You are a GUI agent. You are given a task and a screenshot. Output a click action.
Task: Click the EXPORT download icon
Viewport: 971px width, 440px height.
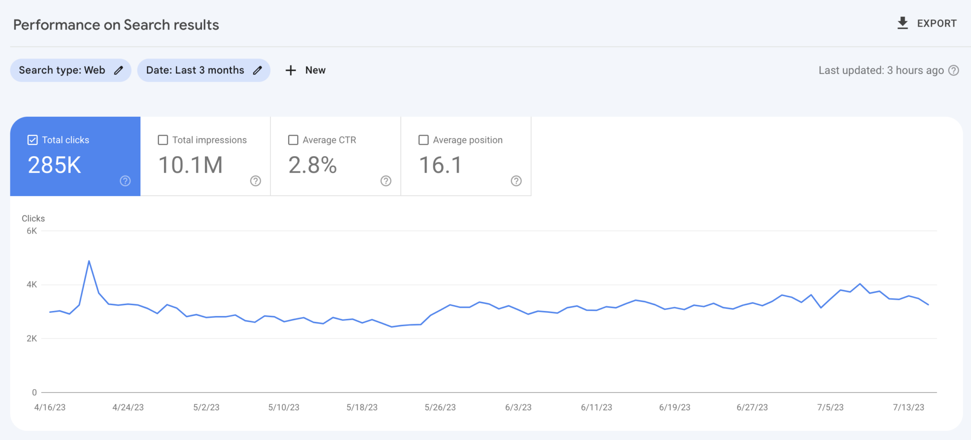(903, 23)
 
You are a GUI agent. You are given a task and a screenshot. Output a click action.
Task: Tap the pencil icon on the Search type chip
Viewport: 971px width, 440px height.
(119, 70)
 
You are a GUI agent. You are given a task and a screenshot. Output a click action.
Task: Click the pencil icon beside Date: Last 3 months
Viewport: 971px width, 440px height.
(257, 70)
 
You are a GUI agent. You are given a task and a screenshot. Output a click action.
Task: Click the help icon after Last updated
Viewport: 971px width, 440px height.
(953, 70)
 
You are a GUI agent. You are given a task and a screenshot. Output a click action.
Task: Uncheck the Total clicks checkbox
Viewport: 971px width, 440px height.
(33, 140)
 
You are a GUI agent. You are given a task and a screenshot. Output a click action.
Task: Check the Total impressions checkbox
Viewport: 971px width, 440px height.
(163, 140)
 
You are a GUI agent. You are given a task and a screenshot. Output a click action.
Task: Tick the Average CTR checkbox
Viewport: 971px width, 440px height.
(293, 140)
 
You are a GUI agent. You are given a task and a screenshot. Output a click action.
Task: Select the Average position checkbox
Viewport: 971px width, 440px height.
(423, 140)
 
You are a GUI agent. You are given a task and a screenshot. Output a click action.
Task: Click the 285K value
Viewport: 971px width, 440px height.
(55, 165)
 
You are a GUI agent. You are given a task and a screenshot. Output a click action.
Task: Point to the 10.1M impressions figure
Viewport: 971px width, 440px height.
(190, 165)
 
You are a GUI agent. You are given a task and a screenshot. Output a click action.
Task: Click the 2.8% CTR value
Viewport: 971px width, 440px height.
(312, 165)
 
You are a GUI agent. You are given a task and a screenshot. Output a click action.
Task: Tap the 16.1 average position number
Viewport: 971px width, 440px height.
(440, 165)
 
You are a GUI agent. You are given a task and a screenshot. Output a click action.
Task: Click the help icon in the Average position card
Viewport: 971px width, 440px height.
(516, 181)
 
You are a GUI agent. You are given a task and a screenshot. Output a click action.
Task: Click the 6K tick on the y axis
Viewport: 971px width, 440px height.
(32, 231)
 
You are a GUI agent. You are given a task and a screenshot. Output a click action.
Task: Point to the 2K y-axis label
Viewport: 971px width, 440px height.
(32, 338)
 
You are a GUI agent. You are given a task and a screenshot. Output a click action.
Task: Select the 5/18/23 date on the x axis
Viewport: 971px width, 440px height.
(362, 407)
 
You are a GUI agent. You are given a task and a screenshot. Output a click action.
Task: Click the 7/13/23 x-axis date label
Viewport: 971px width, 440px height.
(908, 407)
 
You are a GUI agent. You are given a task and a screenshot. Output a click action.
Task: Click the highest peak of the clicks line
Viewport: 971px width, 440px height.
(89, 261)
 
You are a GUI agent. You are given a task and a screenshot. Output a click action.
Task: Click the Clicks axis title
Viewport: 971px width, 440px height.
(33, 218)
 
